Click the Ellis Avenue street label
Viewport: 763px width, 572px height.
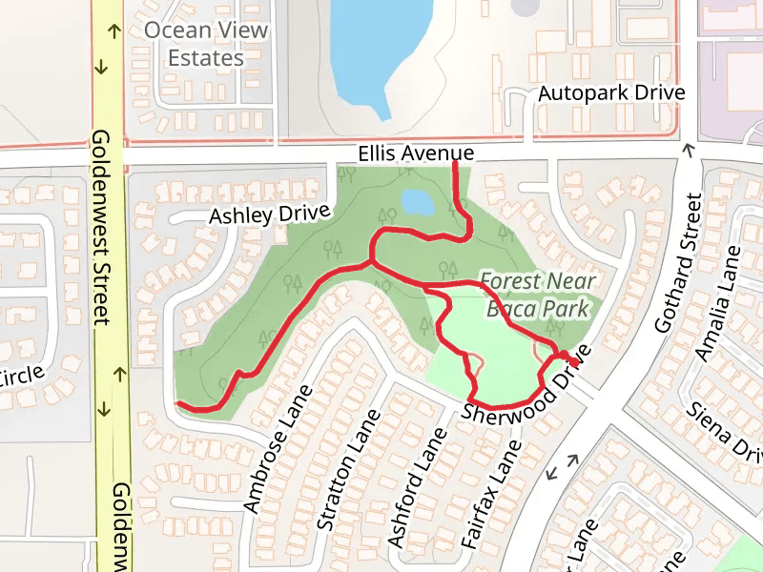point(416,153)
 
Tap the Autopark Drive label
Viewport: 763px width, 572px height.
point(611,93)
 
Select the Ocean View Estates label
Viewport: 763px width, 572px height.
point(206,44)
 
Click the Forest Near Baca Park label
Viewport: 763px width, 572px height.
point(539,295)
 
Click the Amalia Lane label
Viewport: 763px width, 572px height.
point(718,303)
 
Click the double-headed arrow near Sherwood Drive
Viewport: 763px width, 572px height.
point(563,466)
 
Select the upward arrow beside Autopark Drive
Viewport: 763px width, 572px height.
point(689,149)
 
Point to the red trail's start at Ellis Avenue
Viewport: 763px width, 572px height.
point(454,165)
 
